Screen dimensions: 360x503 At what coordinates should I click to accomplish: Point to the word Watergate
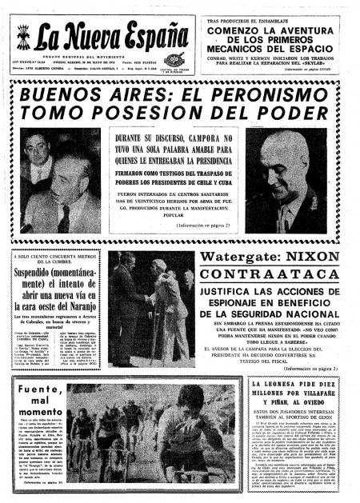point(240,257)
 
